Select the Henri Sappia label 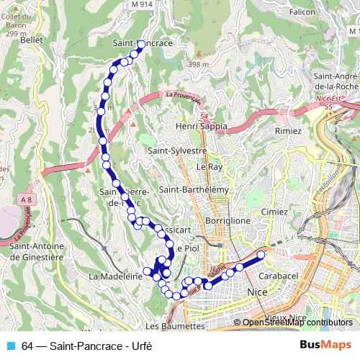(201, 126)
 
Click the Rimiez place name (288, 131)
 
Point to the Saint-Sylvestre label (177, 151)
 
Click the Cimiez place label (274, 212)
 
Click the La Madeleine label (114, 276)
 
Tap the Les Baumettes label (175, 325)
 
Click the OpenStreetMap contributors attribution (297, 323)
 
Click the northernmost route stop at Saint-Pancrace (141, 44)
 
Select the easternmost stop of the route (261, 253)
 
